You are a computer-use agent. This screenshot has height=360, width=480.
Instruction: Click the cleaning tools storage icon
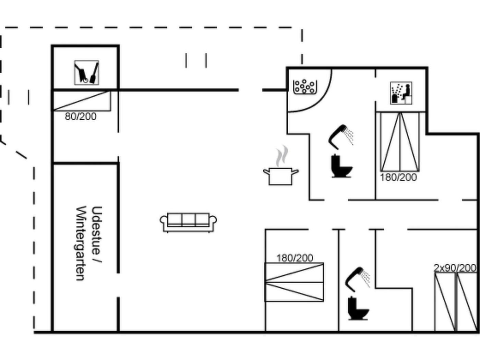coord(86,72)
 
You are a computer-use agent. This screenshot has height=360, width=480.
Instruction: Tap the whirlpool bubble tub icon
coord(305,87)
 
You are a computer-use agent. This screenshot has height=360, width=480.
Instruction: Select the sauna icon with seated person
coord(401,93)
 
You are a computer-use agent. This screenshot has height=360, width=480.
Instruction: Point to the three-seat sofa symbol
coord(188,222)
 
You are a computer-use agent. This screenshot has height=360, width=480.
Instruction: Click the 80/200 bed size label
coord(81,117)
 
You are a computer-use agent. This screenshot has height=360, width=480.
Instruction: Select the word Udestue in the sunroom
coord(96,230)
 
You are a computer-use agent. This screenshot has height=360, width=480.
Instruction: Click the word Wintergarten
coord(80,243)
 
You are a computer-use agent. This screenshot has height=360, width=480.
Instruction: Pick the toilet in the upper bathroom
coord(342,166)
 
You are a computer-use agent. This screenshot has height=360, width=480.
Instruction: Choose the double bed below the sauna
coord(400,142)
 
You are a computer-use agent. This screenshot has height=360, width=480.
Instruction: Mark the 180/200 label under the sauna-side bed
coord(398,178)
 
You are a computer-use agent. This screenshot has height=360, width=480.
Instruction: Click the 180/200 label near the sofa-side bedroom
coord(295,258)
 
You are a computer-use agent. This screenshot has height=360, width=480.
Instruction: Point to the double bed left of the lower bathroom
coord(294,282)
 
